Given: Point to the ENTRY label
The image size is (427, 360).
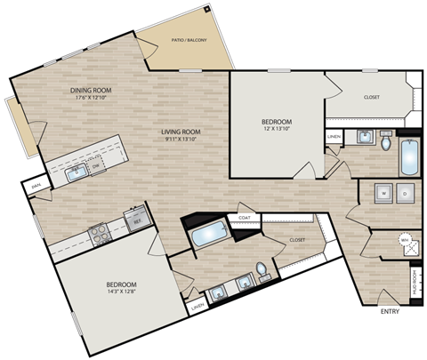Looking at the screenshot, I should coord(390,312).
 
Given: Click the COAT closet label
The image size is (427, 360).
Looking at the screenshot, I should coord(243,216).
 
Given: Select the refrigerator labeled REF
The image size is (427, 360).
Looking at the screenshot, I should coord(136,216).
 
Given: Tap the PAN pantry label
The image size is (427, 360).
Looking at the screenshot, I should coord(36,187).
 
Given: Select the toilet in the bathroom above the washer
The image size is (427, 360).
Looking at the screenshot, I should coord(386,142).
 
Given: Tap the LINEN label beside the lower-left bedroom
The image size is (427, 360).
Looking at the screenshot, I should coord(197,308).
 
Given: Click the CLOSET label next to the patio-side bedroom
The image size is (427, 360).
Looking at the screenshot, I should coord(373,99).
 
